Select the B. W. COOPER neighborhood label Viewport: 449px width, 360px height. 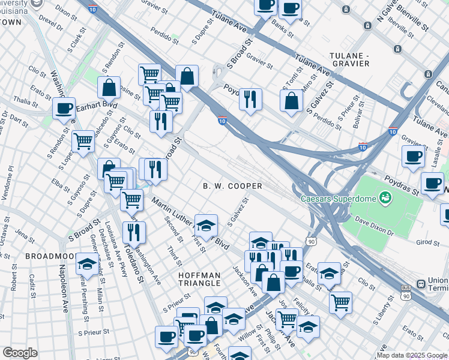coord(233,187)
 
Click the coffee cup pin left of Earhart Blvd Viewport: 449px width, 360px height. coord(64,109)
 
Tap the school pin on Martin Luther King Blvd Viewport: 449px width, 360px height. coord(206,226)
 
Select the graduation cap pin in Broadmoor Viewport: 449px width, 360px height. coord(88,265)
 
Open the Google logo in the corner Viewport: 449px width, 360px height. coord(20,353)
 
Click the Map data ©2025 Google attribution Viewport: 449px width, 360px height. coord(411,355)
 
